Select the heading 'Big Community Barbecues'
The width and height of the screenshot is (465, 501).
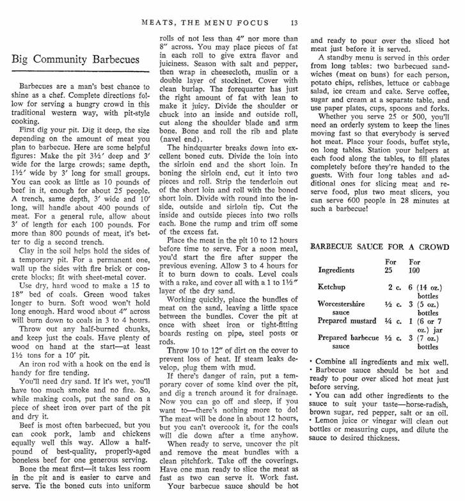click(x=75, y=59)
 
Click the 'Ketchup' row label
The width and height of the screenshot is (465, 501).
click(x=333, y=288)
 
